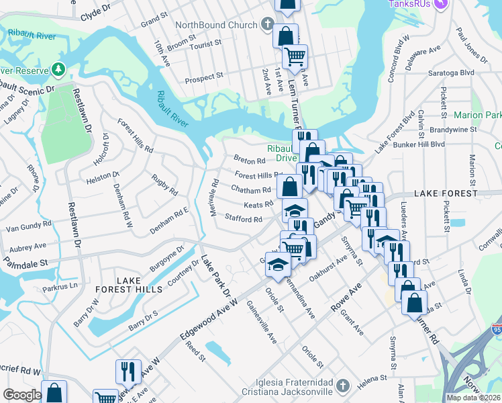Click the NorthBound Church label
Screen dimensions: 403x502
click(215, 26)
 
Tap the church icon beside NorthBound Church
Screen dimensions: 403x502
click(267, 26)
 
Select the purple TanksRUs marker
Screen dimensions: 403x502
click(440, 4)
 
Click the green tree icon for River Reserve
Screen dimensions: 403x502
click(58, 69)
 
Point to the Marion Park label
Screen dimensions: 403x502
click(477, 116)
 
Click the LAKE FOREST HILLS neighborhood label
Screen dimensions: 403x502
click(139, 285)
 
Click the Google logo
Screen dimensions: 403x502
click(22, 395)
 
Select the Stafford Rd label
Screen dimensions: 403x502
click(243, 219)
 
